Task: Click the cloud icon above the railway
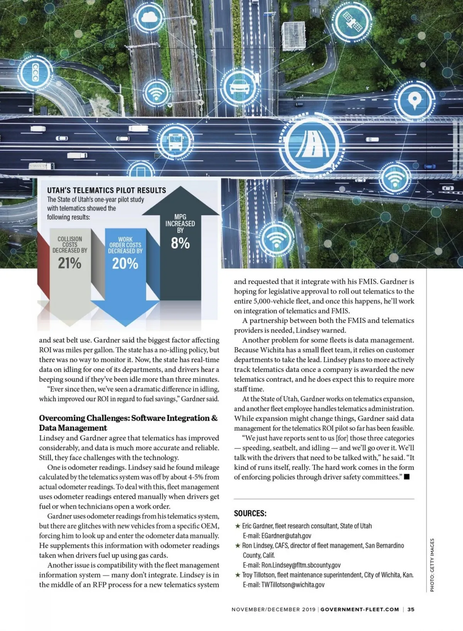tap(148, 17)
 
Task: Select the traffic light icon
tap(35, 72)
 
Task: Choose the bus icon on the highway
tap(174, 141)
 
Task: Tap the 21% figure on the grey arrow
tap(70, 263)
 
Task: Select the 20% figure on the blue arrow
tap(125, 264)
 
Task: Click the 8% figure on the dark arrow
tap(180, 243)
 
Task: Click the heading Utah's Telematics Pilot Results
tap(106, 190)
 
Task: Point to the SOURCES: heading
tap(250, 514)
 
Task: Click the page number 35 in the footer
tap(411, 609)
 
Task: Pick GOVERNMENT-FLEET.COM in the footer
tap(360, 609)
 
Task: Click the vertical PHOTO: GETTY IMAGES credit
tap(432, 565)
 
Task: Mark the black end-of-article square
tap(407, 477)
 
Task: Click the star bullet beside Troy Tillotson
tap(238, 575)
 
